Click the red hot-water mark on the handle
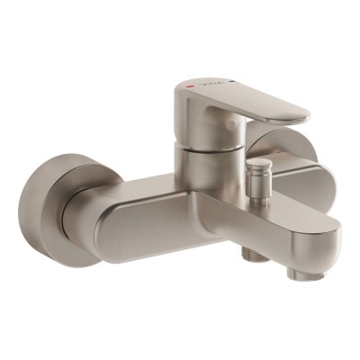(x=188, y=86)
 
